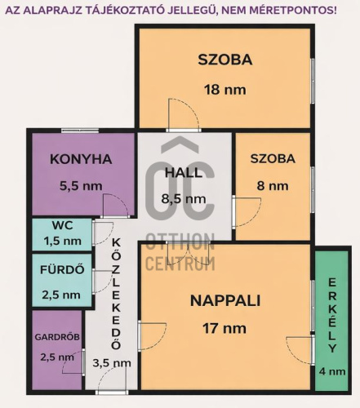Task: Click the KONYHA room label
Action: (81, 159)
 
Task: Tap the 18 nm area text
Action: (225, 90)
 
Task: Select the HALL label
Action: (184, 172)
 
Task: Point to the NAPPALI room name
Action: (225, 301)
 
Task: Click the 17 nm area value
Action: (224, 328)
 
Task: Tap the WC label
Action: (63, 225)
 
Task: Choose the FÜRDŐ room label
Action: (62, 269)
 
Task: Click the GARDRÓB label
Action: (57, 337)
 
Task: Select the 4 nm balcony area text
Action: (332, 371)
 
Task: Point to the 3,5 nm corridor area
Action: (112, 363)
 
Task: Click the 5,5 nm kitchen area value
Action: (81, 186)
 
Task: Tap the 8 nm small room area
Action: (273, 186)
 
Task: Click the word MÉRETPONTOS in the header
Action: (291, 11)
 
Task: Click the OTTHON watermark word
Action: (180, 242)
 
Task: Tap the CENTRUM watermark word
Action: (180, 264)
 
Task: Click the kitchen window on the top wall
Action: (80, 131)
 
